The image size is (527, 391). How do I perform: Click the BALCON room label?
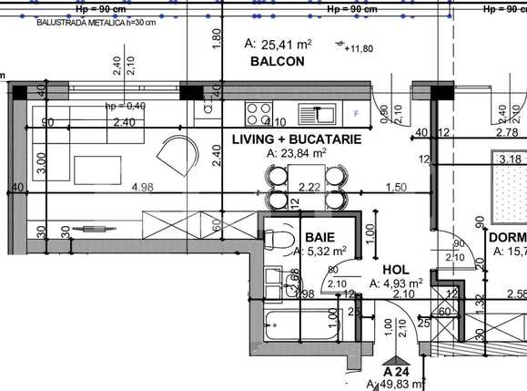[x=277, y=61]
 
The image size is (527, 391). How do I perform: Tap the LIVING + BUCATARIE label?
[x=296, y=139]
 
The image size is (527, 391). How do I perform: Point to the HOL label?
[x=395, y=270]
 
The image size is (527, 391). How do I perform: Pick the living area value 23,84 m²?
[x=297, y=154]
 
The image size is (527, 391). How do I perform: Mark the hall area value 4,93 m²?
[x=397, y=284]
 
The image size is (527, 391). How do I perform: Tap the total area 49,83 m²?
[x=396, y=385]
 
